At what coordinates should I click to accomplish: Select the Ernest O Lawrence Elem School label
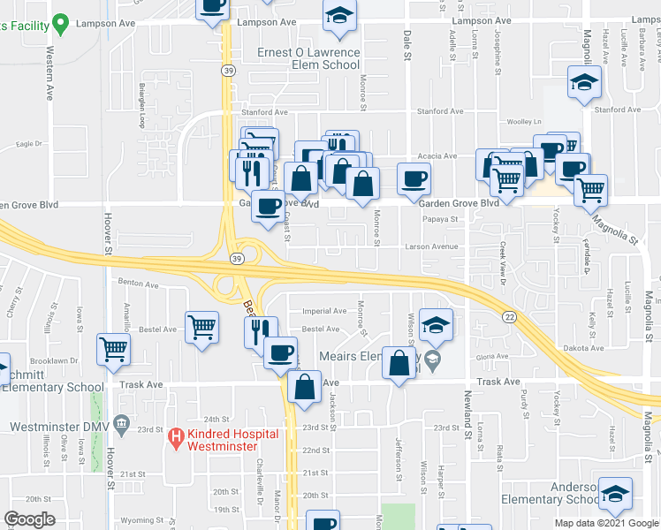(308, 58)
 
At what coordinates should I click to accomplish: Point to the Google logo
(29, 519)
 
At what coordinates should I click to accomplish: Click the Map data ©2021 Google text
(606, 523)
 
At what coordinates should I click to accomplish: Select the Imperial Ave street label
(325, 311)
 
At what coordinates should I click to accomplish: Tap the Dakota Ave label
(581, 348)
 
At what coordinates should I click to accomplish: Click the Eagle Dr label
(29, 143)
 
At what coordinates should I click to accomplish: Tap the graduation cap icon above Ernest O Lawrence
(338, 18)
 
